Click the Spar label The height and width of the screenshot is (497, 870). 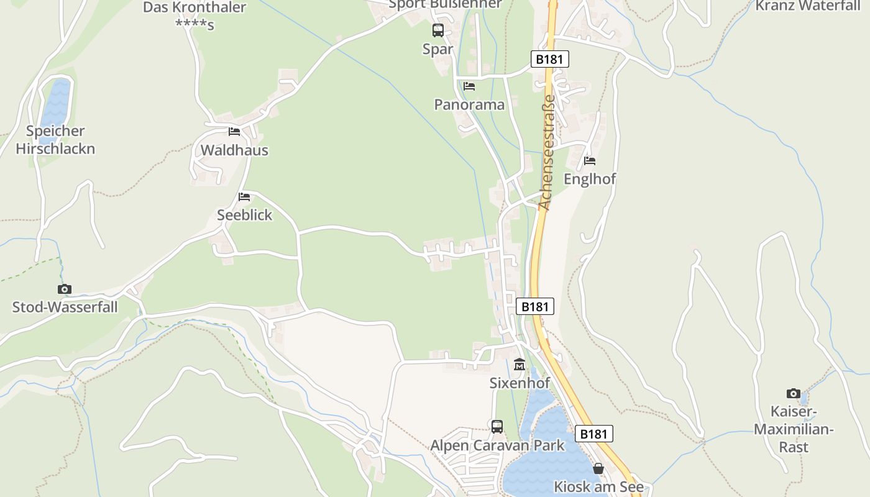(437, 49)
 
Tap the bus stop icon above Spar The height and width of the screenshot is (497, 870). (438, 30)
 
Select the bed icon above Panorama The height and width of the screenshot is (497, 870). (469, 86)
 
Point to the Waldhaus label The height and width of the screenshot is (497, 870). (234, 150)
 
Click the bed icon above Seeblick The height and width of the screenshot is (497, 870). (244, 197)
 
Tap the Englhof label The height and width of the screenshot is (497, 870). (589, 179)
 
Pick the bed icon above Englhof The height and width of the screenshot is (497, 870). (590, 160)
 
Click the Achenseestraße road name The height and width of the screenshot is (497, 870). (547, 152)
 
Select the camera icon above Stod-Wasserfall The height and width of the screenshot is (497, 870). (65, 289)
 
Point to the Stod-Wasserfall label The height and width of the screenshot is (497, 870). (65, 307)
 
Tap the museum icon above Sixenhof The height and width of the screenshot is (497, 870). (520, 365)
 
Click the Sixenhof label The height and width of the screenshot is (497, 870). (520, 383)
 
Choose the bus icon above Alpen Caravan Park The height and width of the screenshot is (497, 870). (497, 426)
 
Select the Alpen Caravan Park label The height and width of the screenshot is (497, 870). (497, 445)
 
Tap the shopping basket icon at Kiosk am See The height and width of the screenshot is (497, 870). (598, 468)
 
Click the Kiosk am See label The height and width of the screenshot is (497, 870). (598, 486)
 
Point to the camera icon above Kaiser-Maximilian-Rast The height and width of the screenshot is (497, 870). (794, 393)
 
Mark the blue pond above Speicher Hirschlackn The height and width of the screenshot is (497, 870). (56, 103)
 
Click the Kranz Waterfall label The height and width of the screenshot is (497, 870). (807, 6)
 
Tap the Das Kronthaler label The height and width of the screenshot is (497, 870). (195, 8)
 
